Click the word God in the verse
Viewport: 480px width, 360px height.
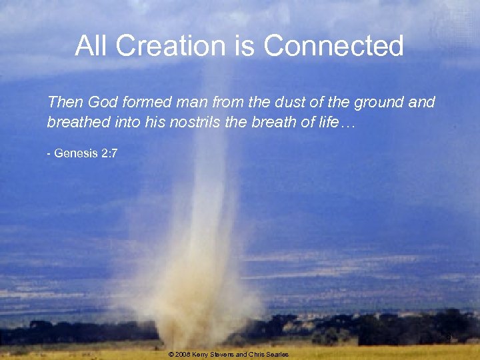(102, 103)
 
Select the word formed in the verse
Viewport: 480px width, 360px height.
(147, 103)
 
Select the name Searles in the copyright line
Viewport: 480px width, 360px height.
(277, 355)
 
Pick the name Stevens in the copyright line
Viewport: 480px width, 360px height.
(225, 355)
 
